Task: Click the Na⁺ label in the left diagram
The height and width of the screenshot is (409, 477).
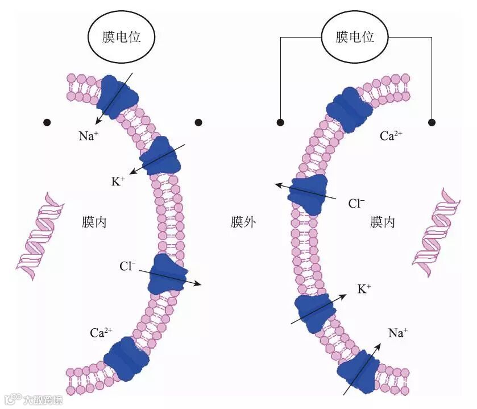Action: tap(89, 136)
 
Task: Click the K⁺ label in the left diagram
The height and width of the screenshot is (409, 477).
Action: tap(118, 182)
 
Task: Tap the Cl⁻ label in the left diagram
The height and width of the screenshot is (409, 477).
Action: tap(127, 266)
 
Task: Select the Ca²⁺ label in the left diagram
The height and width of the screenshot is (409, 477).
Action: tap(101, 333)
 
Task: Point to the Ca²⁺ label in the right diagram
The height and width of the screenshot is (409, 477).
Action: tap(391, 137)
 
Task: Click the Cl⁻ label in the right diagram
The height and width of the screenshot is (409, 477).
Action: tap(356, 203)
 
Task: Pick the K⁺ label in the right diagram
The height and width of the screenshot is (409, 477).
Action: tap(364, 289)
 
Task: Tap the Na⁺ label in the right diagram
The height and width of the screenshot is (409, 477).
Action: tap(398, 333)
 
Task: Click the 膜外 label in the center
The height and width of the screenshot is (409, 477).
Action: tap(243, 222)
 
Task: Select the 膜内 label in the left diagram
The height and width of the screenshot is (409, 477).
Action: tap(94, 222)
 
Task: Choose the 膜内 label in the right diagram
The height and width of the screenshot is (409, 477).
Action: tap(383, 222)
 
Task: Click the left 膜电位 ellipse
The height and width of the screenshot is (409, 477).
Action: tap(121, 38)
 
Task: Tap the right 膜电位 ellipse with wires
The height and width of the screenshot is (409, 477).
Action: tap(355, 38)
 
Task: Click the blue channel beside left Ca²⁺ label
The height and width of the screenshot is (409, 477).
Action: tap(126, 358)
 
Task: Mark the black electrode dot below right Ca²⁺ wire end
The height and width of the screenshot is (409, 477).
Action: tap(432, 122)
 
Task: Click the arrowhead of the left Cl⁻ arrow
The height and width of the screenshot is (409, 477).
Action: tap(198, 284)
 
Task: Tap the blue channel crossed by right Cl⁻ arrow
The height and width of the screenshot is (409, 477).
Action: tap(308, 194)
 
